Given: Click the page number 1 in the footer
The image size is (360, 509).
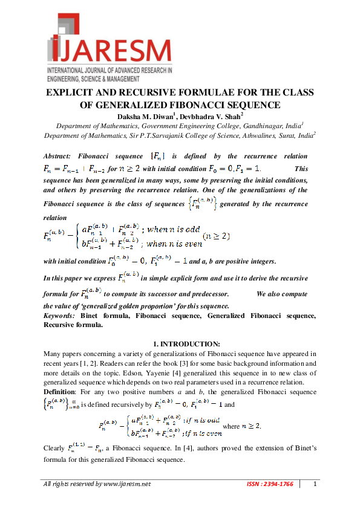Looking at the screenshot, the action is pyautogui.click(x=315, y=484).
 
